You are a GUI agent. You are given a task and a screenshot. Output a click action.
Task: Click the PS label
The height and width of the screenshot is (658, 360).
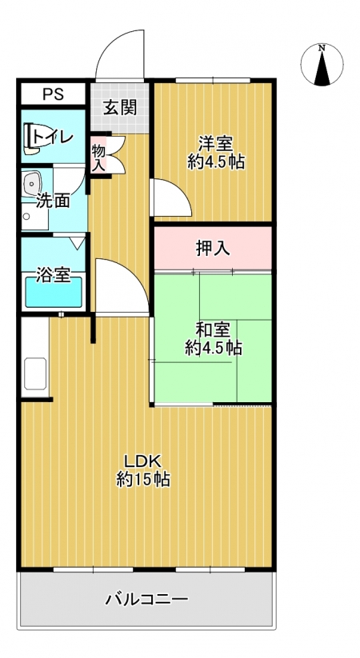tap(53, 94)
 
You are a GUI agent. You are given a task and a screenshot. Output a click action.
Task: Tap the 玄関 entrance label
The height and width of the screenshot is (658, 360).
tap(120, 109)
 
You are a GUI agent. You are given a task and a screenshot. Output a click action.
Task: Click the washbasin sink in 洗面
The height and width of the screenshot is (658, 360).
tap(31, 183)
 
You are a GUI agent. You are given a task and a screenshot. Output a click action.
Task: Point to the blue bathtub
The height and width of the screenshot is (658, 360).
tap(54, 292)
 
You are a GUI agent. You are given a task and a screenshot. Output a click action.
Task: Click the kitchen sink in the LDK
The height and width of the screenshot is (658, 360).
tap(35, 373)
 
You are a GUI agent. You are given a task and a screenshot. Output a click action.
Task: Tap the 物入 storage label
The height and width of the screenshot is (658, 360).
tap(98, 157)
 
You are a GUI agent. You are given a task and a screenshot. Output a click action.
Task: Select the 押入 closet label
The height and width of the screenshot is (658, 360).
tap(214, 249)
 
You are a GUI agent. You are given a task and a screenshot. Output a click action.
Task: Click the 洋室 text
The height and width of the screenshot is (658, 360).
tap(216, 145)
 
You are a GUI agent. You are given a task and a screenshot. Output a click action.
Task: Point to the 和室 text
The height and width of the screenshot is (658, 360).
tap(213, 330)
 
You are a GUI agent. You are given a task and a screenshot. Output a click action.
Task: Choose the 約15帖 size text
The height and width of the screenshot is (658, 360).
tap(143, 479)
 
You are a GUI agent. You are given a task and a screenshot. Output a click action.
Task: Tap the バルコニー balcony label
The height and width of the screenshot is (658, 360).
tap(146, 599)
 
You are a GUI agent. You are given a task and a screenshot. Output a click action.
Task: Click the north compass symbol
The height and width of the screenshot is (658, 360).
tap(322, 65)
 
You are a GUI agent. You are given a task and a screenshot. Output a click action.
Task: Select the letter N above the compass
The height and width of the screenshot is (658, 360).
tap(322, 48)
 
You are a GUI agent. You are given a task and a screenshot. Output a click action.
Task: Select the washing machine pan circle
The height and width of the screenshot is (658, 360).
tap(27, 217)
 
